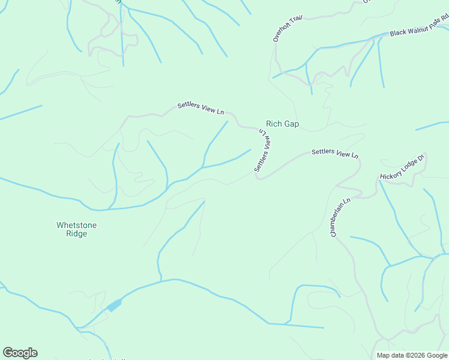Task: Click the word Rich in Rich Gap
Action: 274,124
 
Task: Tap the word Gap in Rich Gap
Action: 291,124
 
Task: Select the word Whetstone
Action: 76,226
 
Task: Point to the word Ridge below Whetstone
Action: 76,234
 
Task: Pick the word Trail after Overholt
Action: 295,20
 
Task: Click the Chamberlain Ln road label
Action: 339,217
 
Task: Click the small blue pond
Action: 113,306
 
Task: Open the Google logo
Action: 20,353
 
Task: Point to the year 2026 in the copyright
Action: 418,355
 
